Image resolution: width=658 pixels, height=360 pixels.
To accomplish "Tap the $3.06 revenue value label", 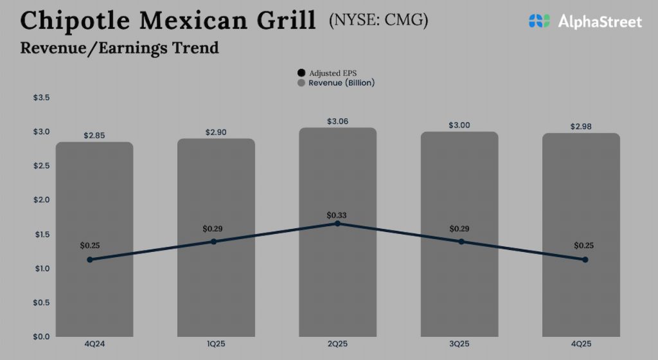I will [x=337, y=121].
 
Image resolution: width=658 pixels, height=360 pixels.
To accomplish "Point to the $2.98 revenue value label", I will [x=581, y=127].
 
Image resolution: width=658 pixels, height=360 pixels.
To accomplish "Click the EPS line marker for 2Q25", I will [x=337, y=224].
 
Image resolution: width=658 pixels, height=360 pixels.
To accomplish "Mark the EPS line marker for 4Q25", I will [x=585, y=260].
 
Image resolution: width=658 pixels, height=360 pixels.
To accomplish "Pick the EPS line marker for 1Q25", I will [x=214, y=242].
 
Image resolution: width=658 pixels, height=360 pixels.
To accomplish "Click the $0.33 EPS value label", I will [x=337, y=215].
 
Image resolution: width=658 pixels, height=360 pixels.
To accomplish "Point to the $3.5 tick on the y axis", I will [x=41, y=98].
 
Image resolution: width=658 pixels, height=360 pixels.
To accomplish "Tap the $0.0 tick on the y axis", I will [x=41, y=336].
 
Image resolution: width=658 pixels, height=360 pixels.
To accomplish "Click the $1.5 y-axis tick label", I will [x=41, y=234].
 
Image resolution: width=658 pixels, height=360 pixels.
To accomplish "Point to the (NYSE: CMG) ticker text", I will [x=378, y=20].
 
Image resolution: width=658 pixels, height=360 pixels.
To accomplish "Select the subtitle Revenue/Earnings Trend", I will [x=120, y=48].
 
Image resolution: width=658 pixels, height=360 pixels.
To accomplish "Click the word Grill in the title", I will [x=285, y=21].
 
